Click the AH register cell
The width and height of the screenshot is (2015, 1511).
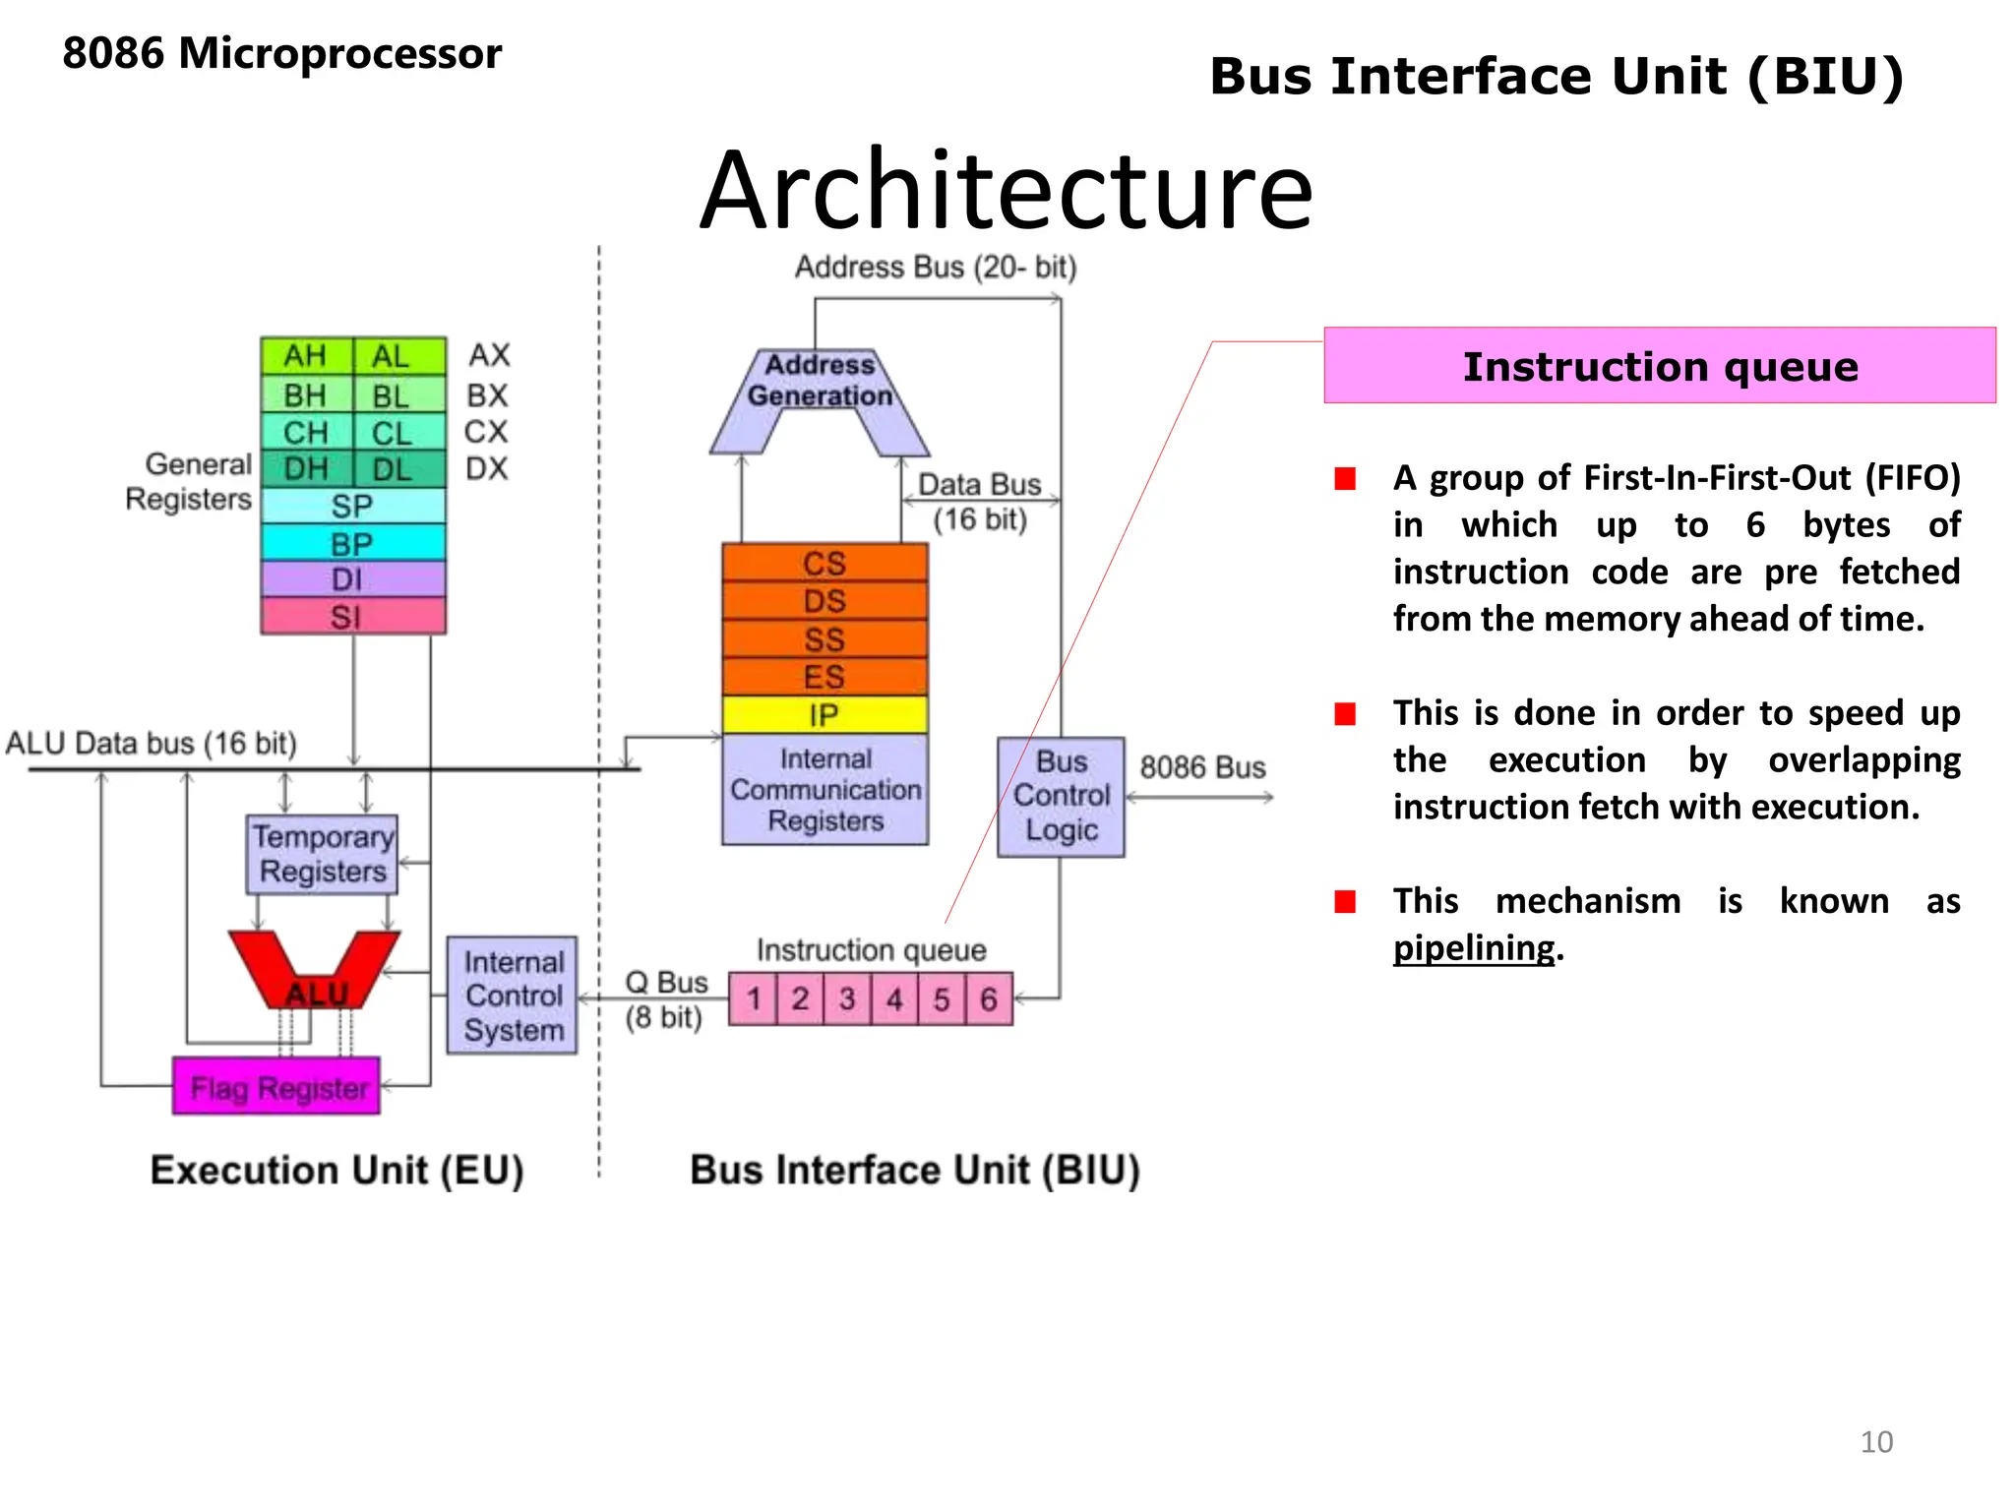[x=306, y=356]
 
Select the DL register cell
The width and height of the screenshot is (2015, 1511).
[x=393, y=469]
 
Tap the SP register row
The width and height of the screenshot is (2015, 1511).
[x=352, y=506]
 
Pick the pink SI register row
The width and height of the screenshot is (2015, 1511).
[x=352, y=617]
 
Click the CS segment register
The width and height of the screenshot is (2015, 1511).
[x=824, y=563]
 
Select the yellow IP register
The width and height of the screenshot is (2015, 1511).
[x=824, y=715]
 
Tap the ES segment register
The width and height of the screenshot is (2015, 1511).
[x=824, y=677]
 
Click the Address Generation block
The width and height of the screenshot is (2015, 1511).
[x=820, y=382]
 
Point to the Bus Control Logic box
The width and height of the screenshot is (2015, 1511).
[x=1061, y=797]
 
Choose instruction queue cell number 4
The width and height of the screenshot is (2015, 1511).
[x=894, y=999]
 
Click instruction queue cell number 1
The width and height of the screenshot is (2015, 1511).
[x=754, y=999]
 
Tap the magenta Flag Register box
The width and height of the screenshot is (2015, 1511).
[x=276, y=1087]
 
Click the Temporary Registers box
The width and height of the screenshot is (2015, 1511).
[x=322, y=854]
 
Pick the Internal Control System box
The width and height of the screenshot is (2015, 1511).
[x=513, y=996]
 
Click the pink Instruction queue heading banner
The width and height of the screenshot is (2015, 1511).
[x=1659, y=366]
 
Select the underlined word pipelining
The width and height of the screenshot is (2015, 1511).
[x=1473, y=948]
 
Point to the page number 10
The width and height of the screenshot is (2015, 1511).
[x=1875, y=1442]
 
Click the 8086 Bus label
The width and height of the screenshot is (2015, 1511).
[x=1202, y=767]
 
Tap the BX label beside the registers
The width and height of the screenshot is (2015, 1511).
[x=487, y=395]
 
